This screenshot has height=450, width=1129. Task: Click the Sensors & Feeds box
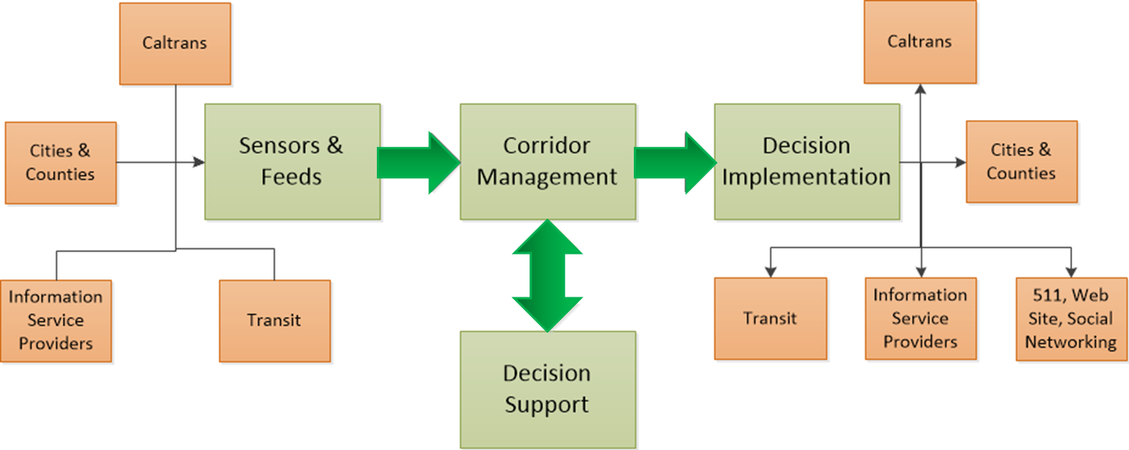[x=292, y=162]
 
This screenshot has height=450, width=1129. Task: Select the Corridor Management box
[x=548, y=162]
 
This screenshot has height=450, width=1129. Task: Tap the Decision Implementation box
[x=807, y=162]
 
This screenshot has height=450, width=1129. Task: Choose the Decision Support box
[x=548, y=389]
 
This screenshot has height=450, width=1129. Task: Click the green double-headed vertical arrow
[x=547, y=276]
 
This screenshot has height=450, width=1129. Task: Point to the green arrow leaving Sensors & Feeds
[x=419, y=163]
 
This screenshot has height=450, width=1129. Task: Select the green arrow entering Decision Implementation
[x=675, y=163]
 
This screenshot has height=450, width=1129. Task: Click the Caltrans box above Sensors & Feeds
[x=175, y=44]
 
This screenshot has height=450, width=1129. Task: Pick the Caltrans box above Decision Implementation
[x=920, y=42]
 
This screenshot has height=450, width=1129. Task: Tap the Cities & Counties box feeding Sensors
[x=61, y=163]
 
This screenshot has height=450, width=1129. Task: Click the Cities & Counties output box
[x=1022, y=162]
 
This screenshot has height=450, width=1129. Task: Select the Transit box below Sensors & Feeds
[x=275, y=321]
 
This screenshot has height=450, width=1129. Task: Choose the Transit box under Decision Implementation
[x=771, y=318]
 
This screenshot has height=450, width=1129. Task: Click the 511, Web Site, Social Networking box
[x=1071, y=319]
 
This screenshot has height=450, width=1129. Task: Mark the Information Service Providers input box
[x=56, y=321]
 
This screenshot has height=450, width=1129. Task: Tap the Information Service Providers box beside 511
[x=921, y=318]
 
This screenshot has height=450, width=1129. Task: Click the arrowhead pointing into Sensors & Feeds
[x=199, y=162]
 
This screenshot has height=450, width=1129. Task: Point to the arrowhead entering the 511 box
[x=1071, y=272]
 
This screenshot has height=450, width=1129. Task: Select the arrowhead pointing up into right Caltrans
[x=920, y=90]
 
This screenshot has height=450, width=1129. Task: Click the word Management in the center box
[x=547, y=178]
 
